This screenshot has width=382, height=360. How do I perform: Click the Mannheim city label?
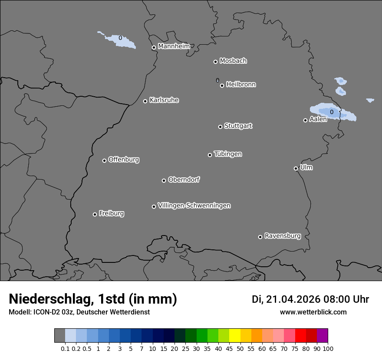[174, 46]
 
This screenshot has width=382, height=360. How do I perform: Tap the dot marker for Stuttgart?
[220, 127]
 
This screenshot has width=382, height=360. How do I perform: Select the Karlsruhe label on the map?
[164, 100]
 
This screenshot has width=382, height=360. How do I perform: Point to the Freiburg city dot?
[95, 214]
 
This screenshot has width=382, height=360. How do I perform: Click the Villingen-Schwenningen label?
[194, 206]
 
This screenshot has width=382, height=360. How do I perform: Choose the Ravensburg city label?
[282, 236]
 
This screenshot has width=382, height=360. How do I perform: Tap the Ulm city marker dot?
[296, 168]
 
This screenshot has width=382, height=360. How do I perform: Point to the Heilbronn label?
[241, 85]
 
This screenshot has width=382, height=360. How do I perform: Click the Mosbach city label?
[233, 61]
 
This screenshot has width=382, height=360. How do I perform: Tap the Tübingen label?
[228, 154]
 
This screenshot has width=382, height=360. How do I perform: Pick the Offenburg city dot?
[104, 160]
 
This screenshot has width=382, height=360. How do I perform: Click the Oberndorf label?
[184, 180]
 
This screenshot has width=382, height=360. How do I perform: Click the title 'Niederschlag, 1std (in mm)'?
[93, 299]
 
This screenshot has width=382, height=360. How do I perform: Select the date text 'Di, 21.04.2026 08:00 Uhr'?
[310, 299]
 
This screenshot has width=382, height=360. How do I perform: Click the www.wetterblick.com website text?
[313, 312]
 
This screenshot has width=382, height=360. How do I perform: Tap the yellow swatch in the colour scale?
[234, 336]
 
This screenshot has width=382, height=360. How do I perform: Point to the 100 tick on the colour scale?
[328, 348]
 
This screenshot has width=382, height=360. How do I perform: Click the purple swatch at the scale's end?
[322, 336]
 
